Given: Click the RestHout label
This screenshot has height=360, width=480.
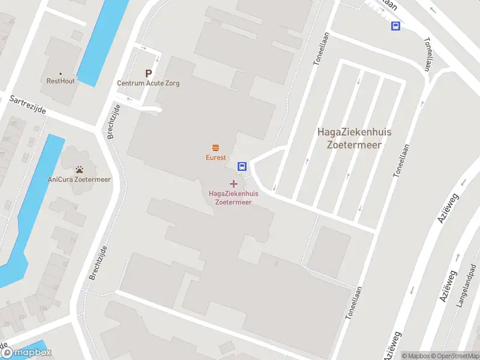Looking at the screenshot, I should [61, 81].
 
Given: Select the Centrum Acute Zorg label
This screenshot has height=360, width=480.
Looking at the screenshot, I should [148, 83].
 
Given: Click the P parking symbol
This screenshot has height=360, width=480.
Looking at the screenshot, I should [148, 73].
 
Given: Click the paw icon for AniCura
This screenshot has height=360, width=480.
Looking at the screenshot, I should [79, 170].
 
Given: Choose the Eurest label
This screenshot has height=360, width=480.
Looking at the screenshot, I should [215, 158].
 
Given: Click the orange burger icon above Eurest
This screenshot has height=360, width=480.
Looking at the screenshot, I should [215, 148].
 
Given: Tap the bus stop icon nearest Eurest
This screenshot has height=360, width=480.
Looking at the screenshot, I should [242, 166].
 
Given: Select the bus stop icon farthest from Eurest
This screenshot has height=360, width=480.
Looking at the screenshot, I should [395, 26].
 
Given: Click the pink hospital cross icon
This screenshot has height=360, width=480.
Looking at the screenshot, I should [233, 183].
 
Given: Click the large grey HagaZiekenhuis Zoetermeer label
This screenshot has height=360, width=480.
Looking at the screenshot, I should [350, 137].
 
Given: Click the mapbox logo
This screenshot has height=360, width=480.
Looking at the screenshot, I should [26, 353].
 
